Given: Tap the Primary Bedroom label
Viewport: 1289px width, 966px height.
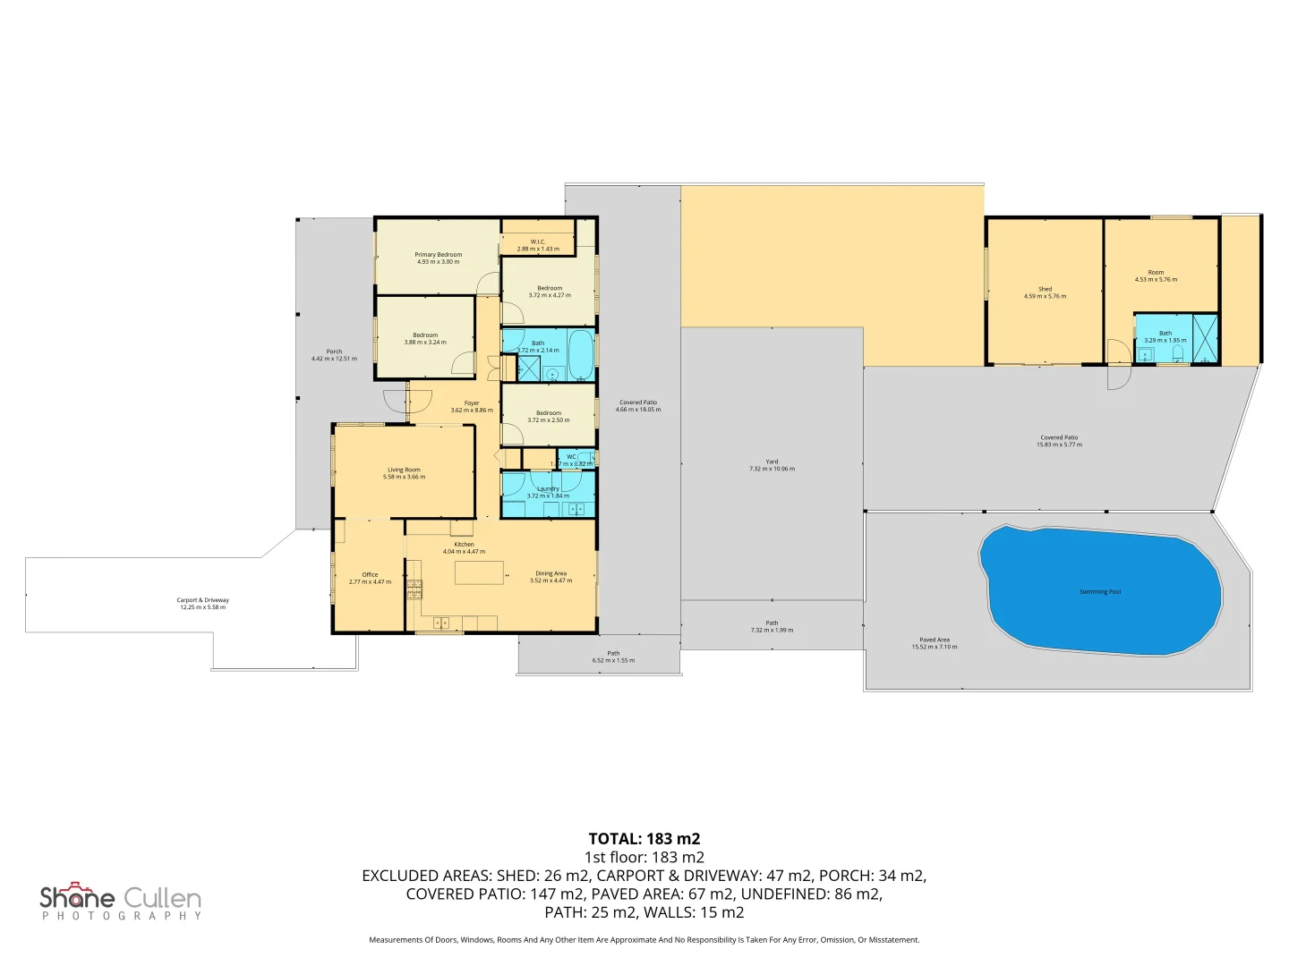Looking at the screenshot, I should click(x=438, y=255).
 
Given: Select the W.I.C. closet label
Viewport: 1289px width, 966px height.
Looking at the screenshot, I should click(x=538, y=241).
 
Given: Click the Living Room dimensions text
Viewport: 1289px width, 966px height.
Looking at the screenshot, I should click(x=404, y=478).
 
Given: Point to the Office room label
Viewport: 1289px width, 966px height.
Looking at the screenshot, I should click(x=370, y=575).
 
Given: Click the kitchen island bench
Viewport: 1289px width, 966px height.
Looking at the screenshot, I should click(x=479, y=572).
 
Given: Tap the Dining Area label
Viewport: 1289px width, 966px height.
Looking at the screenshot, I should click(x=551, y=573).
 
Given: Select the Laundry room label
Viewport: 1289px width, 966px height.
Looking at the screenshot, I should click(x=548, y=489).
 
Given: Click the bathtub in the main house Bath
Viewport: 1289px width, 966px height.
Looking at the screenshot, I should click(x=581, y=356).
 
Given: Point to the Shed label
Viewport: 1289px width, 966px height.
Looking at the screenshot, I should click(x=1045, y=289).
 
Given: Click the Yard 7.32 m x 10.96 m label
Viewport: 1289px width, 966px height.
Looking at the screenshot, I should click(x=772, y=465).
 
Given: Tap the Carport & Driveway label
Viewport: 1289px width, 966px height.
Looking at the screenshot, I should click(x=203, y=600).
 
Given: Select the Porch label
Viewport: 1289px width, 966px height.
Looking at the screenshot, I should click(x=334, y=352).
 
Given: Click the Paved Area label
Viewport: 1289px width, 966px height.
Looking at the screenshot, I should click(x=935, y=640).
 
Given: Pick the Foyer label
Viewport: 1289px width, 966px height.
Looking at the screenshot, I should click(x=472, y=403).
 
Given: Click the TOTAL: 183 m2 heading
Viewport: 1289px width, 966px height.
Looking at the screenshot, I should click(x=644, y=839).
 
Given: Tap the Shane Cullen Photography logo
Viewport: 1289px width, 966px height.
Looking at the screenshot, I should click(x=121, y=901).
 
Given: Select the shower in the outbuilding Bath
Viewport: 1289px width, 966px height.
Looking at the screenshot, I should click(x=1205, y=339).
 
